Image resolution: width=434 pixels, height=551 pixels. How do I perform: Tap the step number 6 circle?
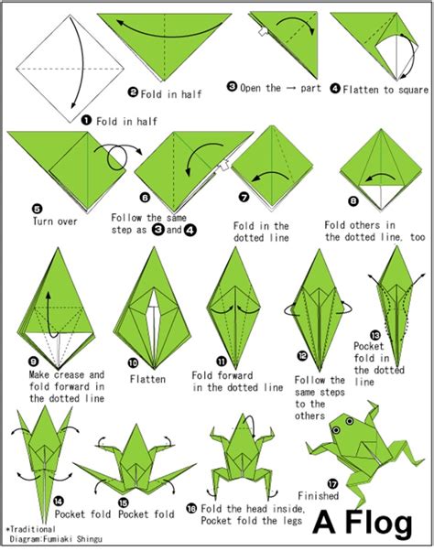point(146,196)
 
